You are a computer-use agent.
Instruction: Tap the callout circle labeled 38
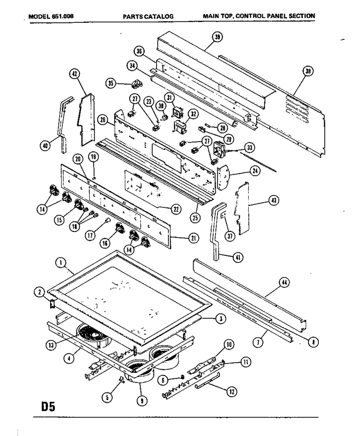coord(308,72)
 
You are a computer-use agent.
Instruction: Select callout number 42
coord(74,74)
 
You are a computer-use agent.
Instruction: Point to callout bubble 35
coord(111,83)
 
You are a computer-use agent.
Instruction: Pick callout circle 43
coord(274,200)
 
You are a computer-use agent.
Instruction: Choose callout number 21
coord(193,238)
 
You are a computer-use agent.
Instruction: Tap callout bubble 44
coord(284,283)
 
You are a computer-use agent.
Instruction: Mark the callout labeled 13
coord(51,345)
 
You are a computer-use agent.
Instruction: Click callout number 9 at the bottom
coord(142,400)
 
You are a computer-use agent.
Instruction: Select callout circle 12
coord(232,392)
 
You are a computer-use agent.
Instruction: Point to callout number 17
coord(90,236)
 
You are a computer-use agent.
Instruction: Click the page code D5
coord(48,407)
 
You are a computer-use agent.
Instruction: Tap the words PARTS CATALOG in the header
coord(148,17)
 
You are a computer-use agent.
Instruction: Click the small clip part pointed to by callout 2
coord(52,304)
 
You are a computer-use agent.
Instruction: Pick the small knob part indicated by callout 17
coord(107,220)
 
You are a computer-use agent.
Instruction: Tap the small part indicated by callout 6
coord(183,376)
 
